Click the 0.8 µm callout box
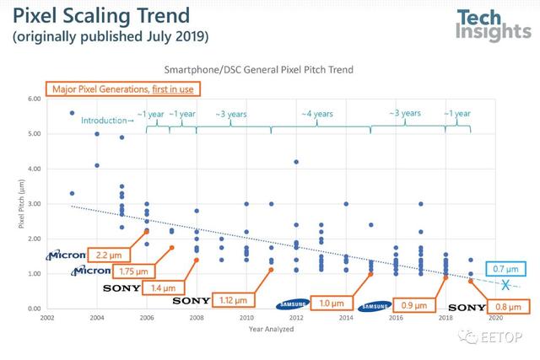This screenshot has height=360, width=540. tap(506, 307)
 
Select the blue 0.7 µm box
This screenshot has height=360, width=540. tap(505, 269)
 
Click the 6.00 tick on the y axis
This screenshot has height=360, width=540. tap(34, 99)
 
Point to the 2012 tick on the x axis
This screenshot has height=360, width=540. tap(296, 318)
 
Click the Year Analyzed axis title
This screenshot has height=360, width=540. tap(271, 330)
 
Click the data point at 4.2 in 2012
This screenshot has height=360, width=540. tap(296, 162)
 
